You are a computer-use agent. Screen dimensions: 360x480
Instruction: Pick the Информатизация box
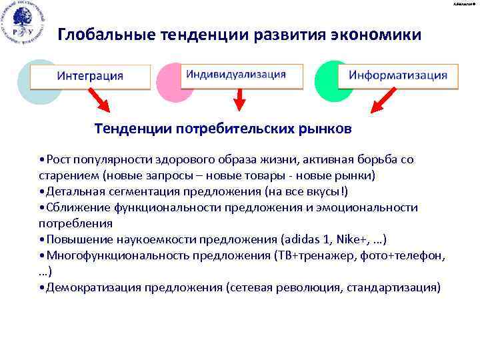point(398,75)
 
